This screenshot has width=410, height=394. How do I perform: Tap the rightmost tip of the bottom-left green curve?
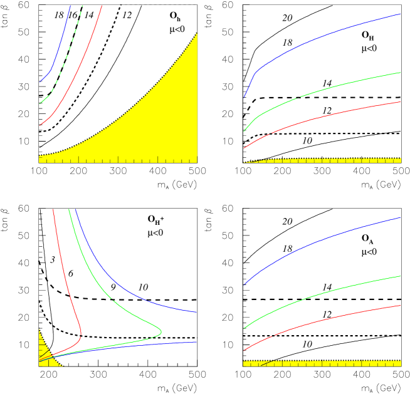pyautogui.click(x=161, y=331)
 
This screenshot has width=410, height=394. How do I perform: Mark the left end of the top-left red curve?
pyautogui.click(x=40, y=125)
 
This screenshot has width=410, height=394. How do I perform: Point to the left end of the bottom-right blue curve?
pyautogui.click(x=244, y=284)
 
